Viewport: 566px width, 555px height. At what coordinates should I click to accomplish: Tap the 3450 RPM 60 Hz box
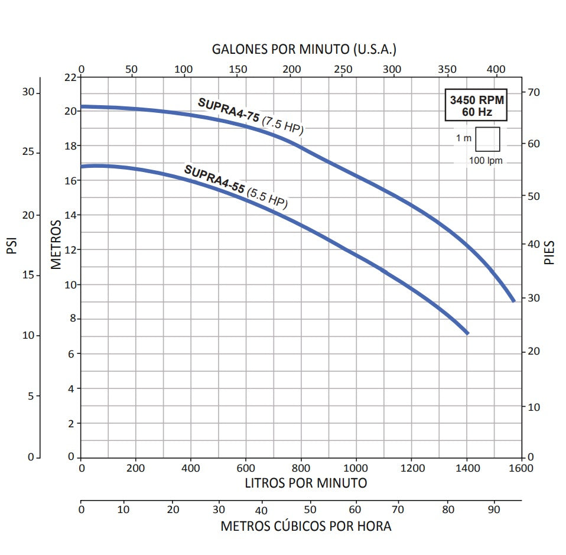click(474, 106)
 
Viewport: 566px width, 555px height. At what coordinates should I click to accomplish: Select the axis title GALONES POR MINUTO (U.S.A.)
click(304, 49)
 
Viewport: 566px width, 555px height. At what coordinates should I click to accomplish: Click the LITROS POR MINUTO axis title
click(306, 483)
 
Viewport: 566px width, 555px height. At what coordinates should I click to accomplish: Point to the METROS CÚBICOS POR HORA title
click(306, 525)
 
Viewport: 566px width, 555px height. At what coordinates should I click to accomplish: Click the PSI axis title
click(11, 245)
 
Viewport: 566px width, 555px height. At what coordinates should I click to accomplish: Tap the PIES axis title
click(550, 252)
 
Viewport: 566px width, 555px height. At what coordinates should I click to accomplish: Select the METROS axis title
click(56, 245)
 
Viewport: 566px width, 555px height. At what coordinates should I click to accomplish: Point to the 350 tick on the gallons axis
click(447, 69)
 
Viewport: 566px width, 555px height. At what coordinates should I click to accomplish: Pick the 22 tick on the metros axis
click(70, 77)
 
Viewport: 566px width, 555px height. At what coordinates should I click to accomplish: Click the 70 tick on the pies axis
click(535, 92)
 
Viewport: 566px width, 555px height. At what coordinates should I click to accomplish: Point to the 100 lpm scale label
click(486, 161)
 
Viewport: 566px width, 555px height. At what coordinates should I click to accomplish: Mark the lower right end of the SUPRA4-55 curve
click(467, 333)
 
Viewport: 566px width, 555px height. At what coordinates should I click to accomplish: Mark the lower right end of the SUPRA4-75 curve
click(513, 300)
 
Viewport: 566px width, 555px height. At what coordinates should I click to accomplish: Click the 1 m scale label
click(464, 138)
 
